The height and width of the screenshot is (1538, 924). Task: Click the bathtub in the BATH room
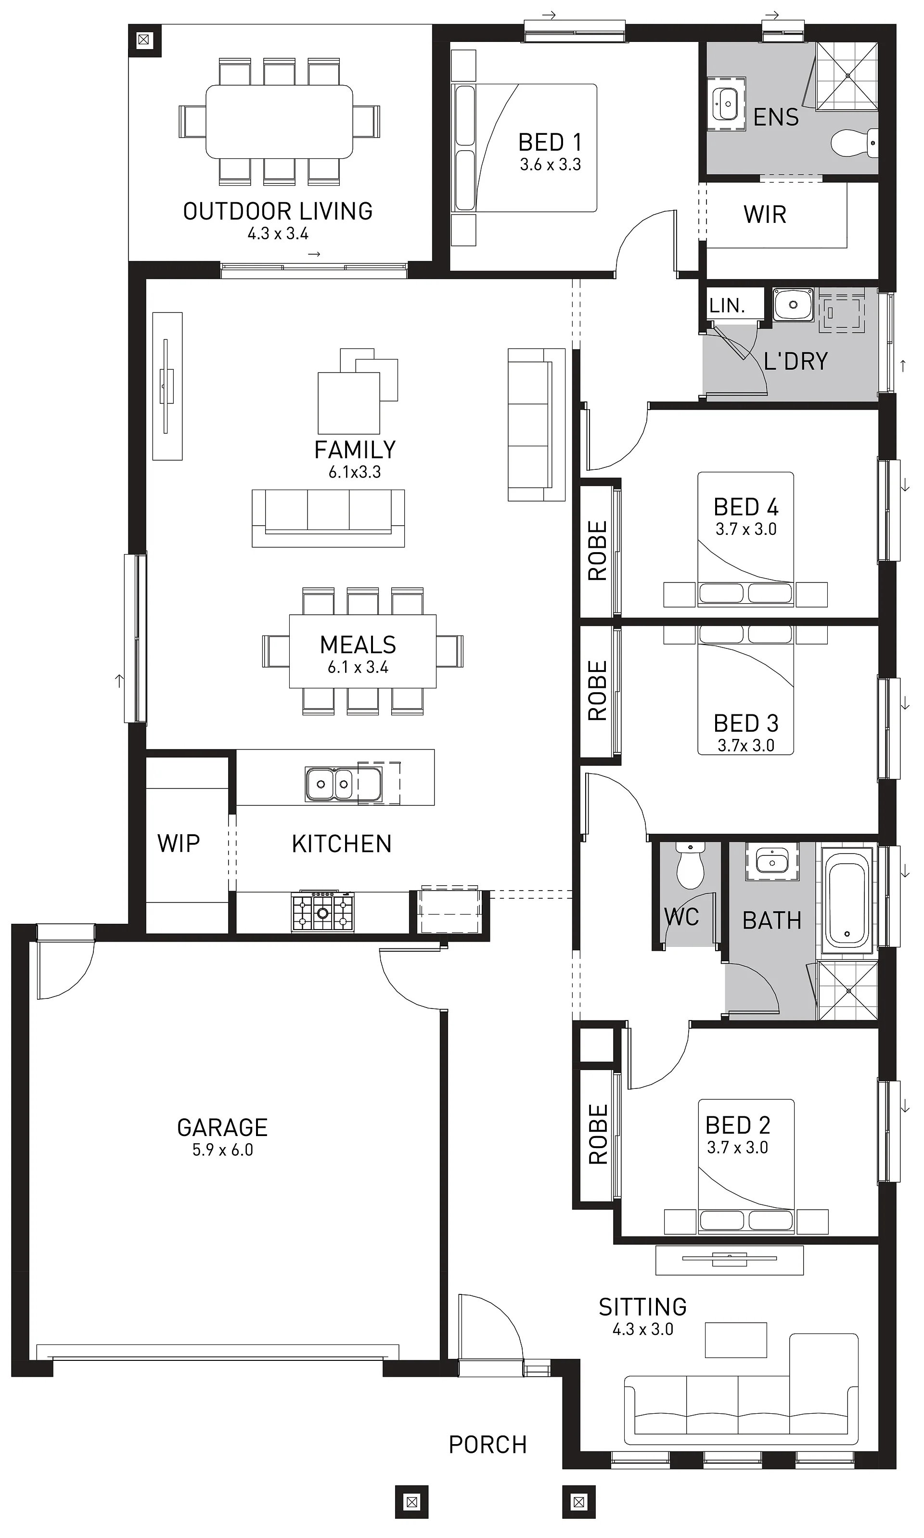click(847, 899)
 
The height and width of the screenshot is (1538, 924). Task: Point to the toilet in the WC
click(690, 865)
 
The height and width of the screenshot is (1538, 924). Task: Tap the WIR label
click(765, 214)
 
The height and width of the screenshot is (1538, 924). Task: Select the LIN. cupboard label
click(727, 305)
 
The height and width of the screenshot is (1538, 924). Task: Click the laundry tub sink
click(793, 305)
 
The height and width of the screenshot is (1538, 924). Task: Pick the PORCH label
click(488, 1444)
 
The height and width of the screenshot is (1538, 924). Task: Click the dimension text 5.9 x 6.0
click(222, 1150)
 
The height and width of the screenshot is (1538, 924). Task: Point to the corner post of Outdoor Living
click(144, 40)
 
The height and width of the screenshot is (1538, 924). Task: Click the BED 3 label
click(745, 723)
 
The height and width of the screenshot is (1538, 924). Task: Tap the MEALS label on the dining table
click(358, 645)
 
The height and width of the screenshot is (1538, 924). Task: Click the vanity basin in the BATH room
click(772, 862)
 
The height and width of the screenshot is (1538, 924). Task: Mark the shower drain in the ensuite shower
click(847, 76)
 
